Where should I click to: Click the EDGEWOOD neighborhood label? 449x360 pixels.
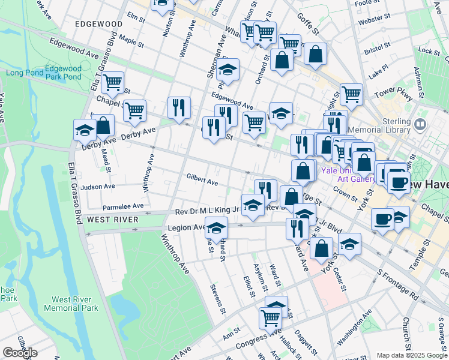pos(98,23)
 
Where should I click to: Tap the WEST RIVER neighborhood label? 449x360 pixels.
pos(112,220)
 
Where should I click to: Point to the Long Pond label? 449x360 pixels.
pos(25,73)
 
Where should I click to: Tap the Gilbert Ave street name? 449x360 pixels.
pos(202,179)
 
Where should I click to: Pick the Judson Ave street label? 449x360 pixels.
pos(97,187)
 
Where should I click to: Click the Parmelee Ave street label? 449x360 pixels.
pos(123,206)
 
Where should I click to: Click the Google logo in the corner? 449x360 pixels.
pos(20,353)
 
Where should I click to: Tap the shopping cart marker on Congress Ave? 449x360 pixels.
pos(270,317)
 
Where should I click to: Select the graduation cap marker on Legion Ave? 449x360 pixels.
pos(217,228)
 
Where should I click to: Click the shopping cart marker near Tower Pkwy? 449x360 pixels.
pos(351,94)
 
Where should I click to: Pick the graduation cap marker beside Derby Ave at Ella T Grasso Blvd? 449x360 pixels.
pos(85,130)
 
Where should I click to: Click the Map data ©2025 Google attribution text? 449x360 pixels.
pos(412,355)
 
